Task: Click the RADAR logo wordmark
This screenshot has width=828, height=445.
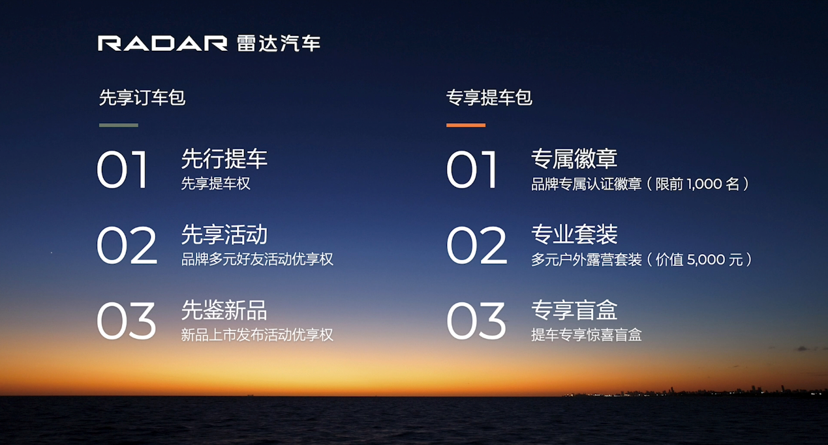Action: pos(162,44)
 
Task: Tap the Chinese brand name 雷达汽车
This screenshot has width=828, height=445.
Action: pos(279,44)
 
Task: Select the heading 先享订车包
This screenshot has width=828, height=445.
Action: pos(142,98)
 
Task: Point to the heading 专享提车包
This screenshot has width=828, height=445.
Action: pos(489,98)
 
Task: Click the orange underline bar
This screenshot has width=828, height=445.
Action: pos(466,125)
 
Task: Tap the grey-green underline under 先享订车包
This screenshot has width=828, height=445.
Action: pos(119,125)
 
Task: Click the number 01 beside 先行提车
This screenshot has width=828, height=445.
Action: pos(123,170)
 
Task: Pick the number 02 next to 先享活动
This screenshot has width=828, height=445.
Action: pos(127,246)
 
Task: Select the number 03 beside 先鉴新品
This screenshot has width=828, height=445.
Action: pos(126,321)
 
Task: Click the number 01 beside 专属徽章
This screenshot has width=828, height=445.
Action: pos(472,170)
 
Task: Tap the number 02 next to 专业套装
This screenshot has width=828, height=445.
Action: pos(476,246)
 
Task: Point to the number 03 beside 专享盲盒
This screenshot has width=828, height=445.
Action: pos(476,321)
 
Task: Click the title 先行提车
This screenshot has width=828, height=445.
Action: pos(224,159)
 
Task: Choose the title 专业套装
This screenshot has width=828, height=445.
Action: pos(574,235)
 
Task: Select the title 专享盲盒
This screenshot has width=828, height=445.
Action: pos(574,310)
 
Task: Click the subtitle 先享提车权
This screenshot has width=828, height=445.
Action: pos(215,183)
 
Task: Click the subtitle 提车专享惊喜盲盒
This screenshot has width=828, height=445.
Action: pos(587,335)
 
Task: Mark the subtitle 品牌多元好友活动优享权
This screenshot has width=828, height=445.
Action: pos(257,259)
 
